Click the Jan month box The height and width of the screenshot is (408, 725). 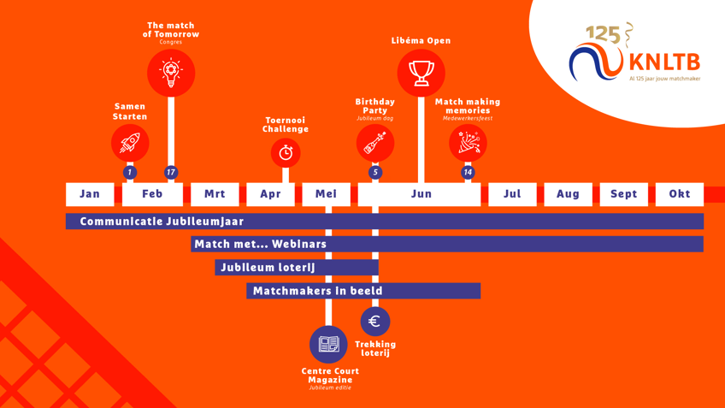click(90, 194)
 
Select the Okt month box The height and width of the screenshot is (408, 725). click(679, 194)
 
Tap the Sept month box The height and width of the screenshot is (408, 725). click(623, 194)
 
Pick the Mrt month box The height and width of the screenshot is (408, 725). click(215, 194)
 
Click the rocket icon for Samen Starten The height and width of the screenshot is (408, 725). click(130, 143)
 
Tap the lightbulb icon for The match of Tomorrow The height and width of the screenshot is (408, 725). click(171, 73)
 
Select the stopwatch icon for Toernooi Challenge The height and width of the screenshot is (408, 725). click(286, 153)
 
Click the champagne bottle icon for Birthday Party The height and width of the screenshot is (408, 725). click(374, 143)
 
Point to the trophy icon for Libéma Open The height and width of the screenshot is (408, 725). click(421, 73)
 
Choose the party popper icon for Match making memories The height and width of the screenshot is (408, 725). click(468, 143)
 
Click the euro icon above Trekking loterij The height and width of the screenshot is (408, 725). click(374, 321)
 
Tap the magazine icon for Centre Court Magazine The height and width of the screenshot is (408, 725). click(329, 344)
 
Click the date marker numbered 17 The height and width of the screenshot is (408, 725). click(171, 172)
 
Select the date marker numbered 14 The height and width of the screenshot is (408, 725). click(468, 172)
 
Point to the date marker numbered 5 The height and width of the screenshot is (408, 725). click(374, 172)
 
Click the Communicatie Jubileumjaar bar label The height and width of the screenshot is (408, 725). click(162, 222)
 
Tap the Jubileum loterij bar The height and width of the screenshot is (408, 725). click(296, 268)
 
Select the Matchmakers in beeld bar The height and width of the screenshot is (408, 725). click(362, 291)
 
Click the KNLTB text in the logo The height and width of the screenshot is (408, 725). click(664, 62)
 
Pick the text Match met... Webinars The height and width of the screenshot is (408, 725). click(260, 245)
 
